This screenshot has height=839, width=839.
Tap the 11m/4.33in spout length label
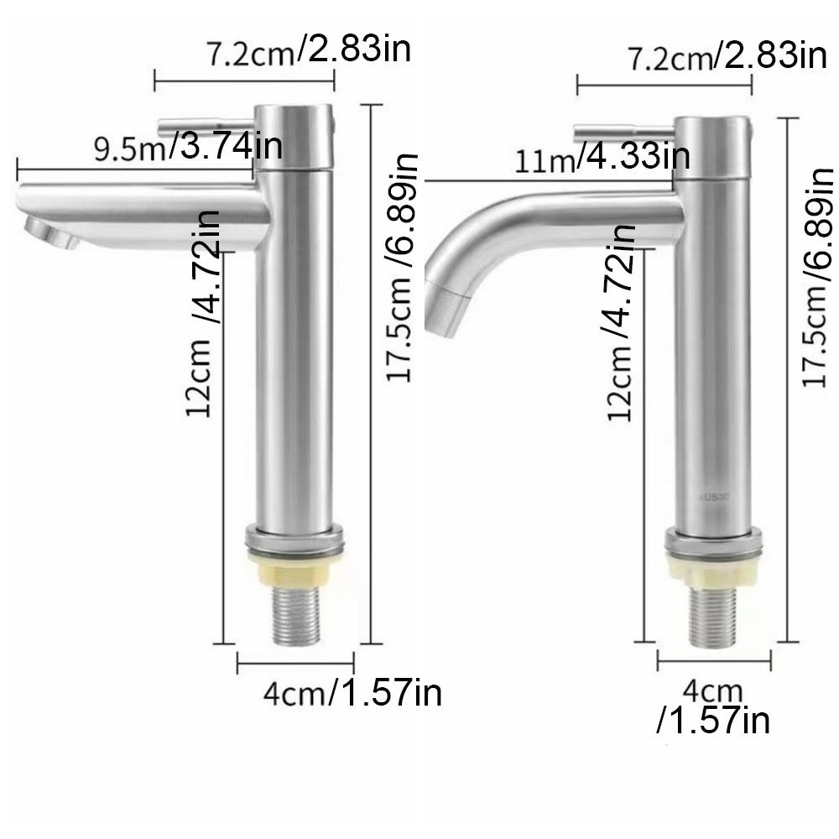pos(602,158)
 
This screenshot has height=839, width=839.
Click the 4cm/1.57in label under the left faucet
pos(352,693)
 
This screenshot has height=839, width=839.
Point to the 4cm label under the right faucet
pos(713,691)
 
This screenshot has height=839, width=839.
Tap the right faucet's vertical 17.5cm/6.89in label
pos(818,277)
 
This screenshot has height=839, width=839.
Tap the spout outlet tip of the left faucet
pos(50,231)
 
